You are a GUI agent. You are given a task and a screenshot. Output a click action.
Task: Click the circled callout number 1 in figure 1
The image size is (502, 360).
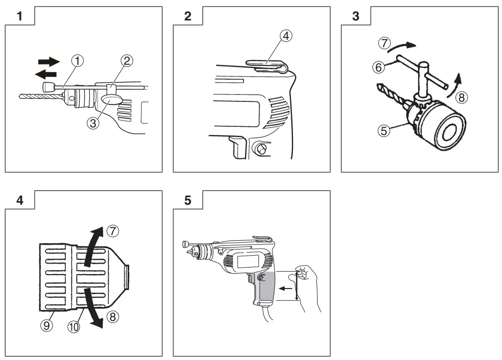coord(77,61)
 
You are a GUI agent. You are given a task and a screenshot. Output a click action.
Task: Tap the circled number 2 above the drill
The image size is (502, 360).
coord(127,61)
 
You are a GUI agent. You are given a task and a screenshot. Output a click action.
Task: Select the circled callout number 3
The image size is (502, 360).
coord(92,122)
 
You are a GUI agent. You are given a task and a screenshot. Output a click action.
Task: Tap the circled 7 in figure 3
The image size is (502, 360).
coord(384,43)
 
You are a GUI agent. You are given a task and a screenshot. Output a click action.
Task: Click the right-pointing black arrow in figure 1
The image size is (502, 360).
coord(48,61)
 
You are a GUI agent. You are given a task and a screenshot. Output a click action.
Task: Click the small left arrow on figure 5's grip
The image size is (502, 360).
coord(285,288)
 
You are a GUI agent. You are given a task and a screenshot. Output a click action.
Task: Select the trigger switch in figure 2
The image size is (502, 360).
coord(237,148)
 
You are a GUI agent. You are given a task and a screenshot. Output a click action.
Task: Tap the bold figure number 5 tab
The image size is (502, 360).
coord(187,200)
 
